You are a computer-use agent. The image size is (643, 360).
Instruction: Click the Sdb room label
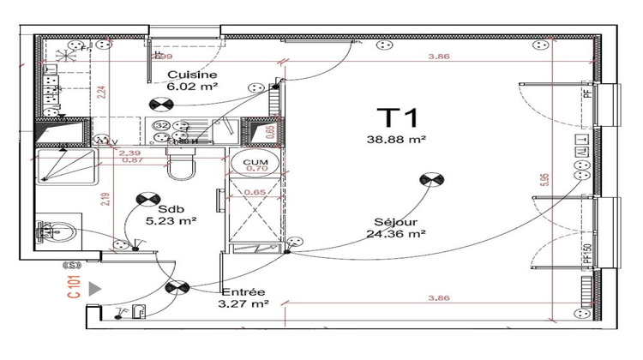(164, 208)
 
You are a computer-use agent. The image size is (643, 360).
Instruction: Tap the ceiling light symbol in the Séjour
(430, 180)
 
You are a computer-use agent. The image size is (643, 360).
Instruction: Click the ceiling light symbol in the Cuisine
(159, 105)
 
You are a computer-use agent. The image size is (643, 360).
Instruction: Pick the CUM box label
(255, 161)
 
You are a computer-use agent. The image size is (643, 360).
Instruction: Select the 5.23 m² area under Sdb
(171, 220)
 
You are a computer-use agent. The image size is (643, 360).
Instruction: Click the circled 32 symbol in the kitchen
(159, 126)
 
